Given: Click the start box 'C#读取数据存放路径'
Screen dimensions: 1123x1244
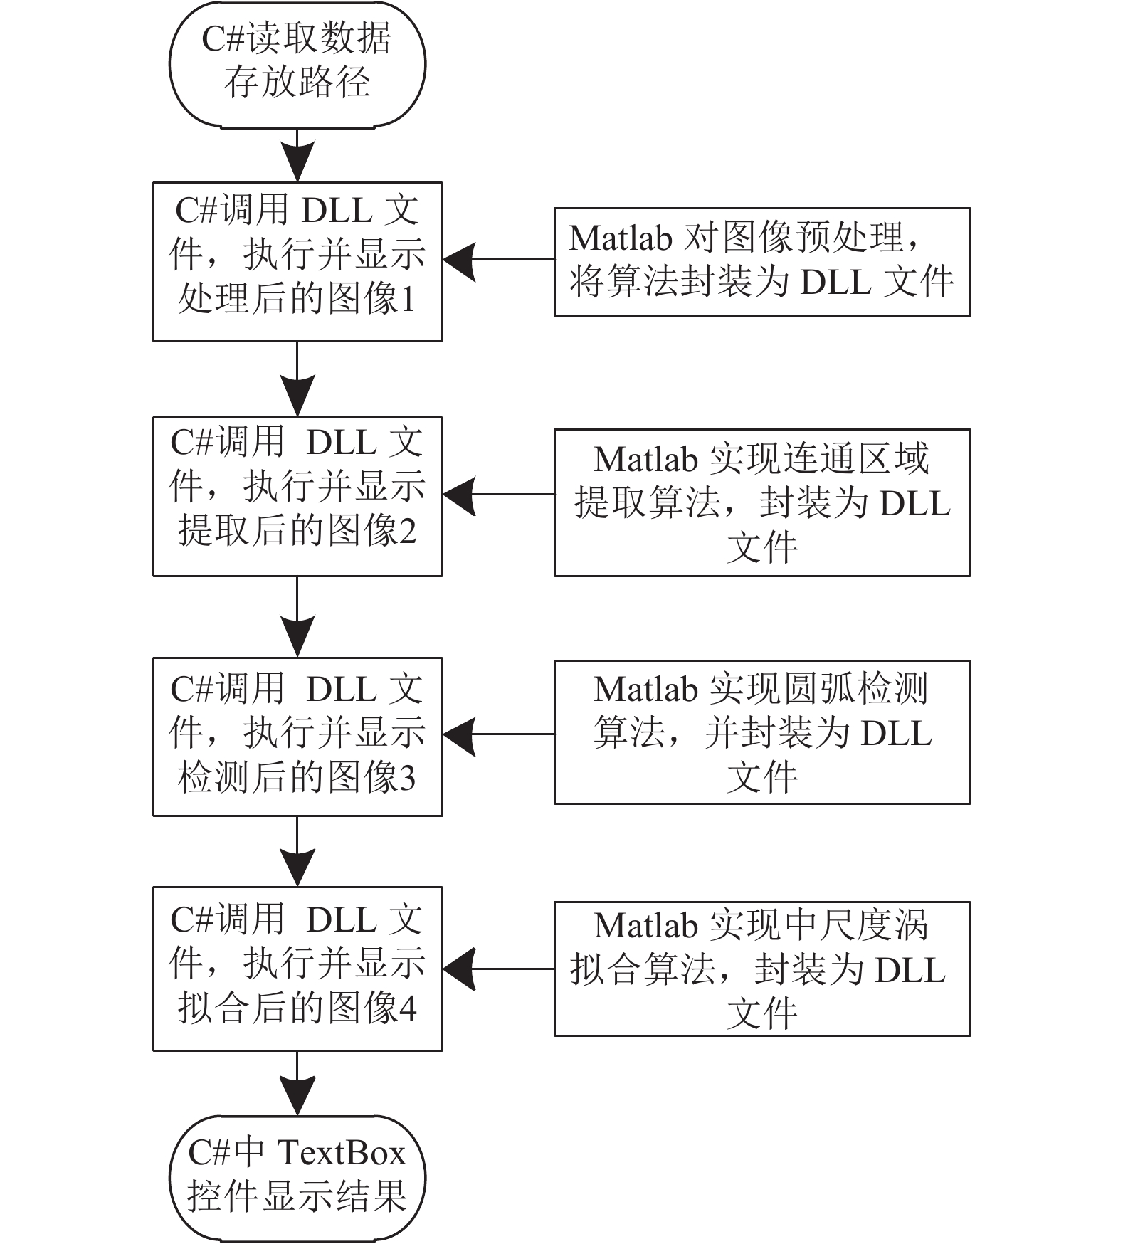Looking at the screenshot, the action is [x=297, y=64].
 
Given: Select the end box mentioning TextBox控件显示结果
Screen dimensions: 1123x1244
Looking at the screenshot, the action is [x=297, y=1178].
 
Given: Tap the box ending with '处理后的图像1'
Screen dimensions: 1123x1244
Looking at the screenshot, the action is [x=297, y=262].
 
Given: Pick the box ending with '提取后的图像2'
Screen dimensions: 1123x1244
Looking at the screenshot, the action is [x=297, y=497].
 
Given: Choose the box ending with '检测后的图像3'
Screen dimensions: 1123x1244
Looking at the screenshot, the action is [x=297, y=737].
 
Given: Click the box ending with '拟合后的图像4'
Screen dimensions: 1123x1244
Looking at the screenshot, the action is [x=297, y=969].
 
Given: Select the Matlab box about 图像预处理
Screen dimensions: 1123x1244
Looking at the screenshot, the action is [x=762, y=262].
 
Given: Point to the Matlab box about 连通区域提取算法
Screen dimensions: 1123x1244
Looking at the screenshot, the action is [x=762, y=502].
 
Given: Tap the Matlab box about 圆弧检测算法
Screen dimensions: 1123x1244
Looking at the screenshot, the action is [x=762, y=732].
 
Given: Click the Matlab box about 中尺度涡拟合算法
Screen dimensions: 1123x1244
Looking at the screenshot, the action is [x=762, y=969].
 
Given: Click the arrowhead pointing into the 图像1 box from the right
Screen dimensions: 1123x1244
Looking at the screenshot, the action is [x=459, y=260].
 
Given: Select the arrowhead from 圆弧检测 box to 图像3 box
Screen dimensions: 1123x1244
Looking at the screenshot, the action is [x=459, y=735].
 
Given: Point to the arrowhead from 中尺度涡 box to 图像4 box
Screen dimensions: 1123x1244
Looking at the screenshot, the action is [x=459, y=969].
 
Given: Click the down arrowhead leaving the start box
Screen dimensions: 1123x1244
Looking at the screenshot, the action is [x=297, y=162].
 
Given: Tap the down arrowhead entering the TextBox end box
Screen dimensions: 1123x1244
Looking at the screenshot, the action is [x=297, y=1095].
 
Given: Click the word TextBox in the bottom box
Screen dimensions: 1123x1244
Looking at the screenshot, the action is [x=341, y=1153].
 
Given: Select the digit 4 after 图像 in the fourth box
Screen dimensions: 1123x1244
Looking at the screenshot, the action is [x=408, y=1010].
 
